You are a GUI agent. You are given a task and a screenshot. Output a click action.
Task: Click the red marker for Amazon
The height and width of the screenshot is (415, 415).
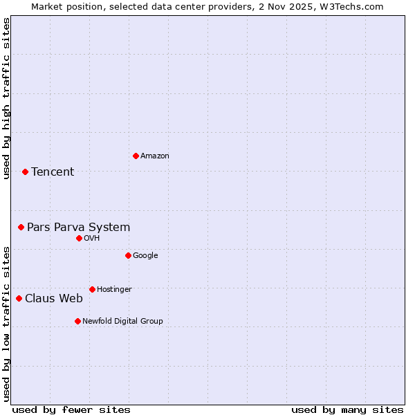click(x=136, y=156)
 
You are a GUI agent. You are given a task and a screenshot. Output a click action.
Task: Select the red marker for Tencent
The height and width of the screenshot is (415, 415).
click(x=25, y=172)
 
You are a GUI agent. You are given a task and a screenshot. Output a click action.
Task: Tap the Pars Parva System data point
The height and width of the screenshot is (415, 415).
click(x=21, y=227)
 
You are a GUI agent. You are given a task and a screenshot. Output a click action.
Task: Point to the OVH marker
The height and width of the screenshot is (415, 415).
click(x=79, y=238)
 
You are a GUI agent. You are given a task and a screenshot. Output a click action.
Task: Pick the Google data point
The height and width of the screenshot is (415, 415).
click(x=128, y=255)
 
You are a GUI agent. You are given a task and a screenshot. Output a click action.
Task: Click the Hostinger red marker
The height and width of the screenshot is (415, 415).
click(x=92, y=289)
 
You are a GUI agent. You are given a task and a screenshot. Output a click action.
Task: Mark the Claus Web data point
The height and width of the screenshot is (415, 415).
click(x=19, y=298)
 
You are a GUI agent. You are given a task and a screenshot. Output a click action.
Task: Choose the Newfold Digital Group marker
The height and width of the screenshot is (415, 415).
click(x=77, y=321)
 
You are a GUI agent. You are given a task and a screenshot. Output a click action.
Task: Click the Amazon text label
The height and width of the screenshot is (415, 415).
click(x=155, y=156)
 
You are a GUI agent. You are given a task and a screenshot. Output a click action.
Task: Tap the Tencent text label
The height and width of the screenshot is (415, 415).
click(x=53, y=172)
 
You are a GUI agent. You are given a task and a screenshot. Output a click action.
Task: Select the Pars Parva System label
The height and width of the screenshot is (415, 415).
click(x=78, y=228)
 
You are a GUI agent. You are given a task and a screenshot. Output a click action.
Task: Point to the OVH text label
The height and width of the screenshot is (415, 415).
click(x=92, y=239)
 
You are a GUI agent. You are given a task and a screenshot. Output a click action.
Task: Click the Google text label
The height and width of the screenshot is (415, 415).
click(x=145, y=256)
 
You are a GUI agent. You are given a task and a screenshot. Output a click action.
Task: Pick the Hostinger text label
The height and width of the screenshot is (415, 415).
click(x=114, y=290)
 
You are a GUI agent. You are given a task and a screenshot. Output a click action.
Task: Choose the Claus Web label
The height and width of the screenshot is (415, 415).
click(x=54, y=299)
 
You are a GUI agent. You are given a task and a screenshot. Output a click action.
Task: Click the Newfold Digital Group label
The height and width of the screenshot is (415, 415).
click(x=122, y=322)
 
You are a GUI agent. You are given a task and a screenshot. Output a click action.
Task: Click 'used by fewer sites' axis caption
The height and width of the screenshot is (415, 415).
click(x=71, y=409)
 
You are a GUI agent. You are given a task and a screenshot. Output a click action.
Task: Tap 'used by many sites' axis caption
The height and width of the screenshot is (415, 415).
click(x=347, y=409)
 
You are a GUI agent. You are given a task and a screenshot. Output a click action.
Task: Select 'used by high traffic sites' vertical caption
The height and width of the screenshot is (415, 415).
click(x=7, y=98)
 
